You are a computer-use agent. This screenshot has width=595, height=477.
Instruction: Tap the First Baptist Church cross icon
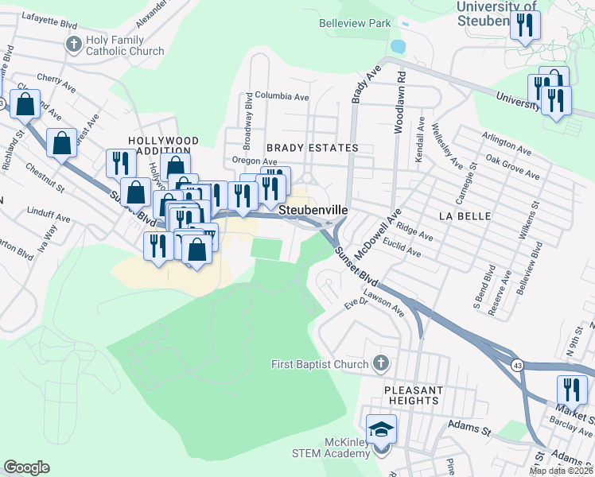[381, 364]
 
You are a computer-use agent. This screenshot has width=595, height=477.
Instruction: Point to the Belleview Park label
[355, 24]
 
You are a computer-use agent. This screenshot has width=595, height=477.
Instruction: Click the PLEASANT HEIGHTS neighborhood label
[413, 395]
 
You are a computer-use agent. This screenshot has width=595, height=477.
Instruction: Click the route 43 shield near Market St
[516, 363]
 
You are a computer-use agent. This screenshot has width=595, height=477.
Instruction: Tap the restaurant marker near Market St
[571, 390]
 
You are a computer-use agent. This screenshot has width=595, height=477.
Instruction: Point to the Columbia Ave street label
[282, 96]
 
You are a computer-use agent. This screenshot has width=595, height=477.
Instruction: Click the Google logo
[26, 467]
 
